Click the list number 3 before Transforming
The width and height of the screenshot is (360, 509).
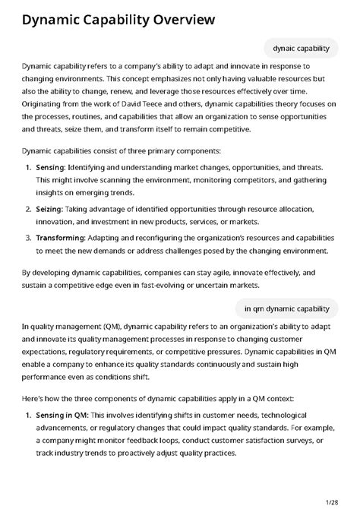tap(29, 237)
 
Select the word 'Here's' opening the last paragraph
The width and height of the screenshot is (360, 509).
tap(34, 397)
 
